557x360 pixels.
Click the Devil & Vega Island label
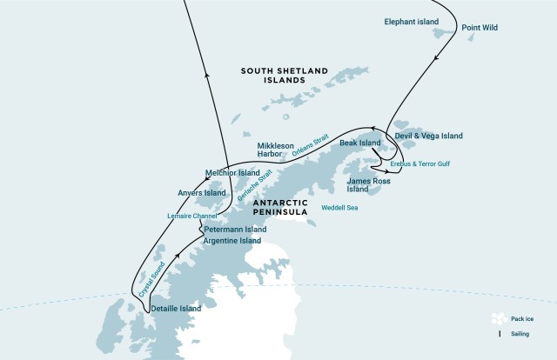tap(428, 136)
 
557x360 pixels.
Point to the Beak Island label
tap(360, 143)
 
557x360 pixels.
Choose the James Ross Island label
tap(368, 184)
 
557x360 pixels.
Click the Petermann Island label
tap(235, 230)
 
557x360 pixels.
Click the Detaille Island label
tap(176, 308)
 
